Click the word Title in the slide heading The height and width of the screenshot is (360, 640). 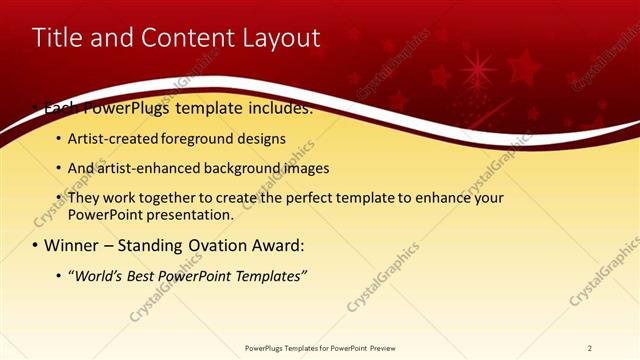pyautogui.click(x=57, y=38)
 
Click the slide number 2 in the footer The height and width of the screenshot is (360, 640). pyautogui.click(x=589, y=348)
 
